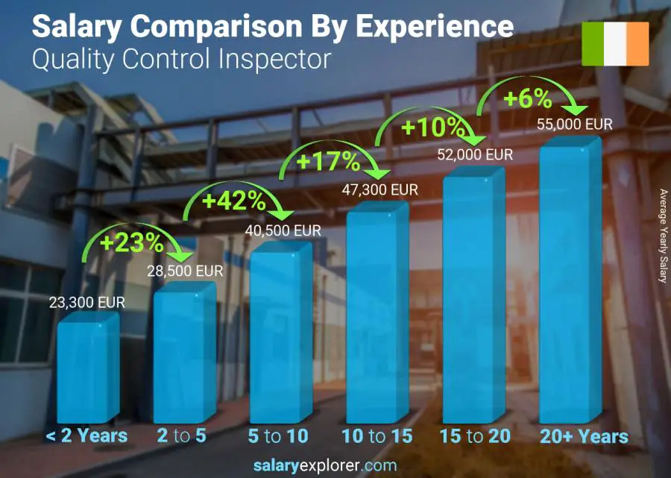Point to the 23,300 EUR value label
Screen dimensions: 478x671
point(88,303)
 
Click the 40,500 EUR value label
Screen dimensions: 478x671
point(283,231)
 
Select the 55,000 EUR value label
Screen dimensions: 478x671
point(575,124)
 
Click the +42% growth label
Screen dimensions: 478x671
point(233,201)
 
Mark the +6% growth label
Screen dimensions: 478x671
point(526,98)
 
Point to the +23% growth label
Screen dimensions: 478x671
point(133,242)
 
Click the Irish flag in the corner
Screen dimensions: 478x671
point(615,44)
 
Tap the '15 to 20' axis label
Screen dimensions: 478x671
point(474,436)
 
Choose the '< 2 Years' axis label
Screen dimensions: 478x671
point(86,436)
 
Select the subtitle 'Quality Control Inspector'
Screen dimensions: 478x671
point(181,59)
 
